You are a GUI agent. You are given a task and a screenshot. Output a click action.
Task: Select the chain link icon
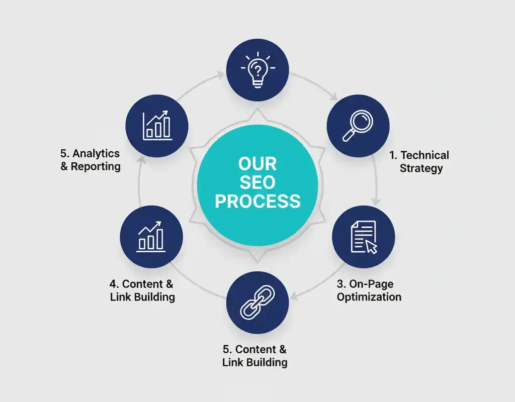coord(257,305)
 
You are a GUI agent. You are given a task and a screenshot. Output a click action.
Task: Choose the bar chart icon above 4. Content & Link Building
coord(151,236)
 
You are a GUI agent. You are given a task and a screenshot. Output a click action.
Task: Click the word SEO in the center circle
coord(257,182)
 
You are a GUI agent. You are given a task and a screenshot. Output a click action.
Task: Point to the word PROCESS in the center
coord(257,201)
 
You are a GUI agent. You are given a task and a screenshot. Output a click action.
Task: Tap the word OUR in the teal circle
coord(257,164)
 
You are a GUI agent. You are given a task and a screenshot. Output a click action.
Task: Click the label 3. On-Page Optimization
coord(369,290)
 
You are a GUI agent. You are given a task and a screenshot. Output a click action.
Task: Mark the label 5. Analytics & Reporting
coord(91,159)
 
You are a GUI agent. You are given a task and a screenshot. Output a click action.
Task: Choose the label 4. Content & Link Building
coord(142,290)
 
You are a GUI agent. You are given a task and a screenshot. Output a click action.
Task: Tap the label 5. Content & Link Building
coord(255,355)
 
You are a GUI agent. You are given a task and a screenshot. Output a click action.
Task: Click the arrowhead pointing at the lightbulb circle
coord(221,75)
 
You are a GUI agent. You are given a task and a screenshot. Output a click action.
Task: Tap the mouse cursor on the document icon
coord(371,247)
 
